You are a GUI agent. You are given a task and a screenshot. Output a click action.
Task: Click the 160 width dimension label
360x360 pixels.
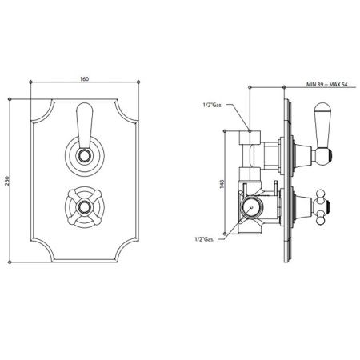coord(84,79)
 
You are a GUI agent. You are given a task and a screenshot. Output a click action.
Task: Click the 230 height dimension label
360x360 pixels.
coord(7,181)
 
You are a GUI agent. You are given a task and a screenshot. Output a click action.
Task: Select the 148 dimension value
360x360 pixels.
coord(222,184)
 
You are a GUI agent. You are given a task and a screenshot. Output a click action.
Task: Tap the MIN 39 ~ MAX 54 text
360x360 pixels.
coord(326,85)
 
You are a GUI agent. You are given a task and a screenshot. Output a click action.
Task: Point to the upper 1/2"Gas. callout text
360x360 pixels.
coord(213,105)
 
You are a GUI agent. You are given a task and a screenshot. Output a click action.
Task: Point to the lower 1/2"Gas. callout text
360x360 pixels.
coord(204,239)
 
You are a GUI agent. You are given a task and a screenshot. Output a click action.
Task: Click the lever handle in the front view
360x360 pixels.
coord(85,126)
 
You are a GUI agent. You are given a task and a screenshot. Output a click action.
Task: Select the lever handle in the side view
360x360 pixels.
coord(322,134)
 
